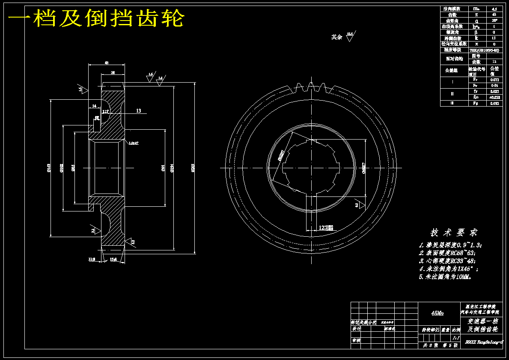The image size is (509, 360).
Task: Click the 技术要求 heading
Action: (454, 232)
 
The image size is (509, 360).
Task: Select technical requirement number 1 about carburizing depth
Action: (450, 245)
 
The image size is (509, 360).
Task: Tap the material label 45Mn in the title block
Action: (438, 313)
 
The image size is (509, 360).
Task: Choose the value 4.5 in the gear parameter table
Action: (494, 9)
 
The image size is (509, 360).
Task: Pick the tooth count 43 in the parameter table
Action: (494, 15)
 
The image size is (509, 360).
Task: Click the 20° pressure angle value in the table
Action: (494, 21)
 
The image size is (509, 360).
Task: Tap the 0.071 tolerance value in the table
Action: (494, 80)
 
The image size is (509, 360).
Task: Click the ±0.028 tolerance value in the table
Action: (494, 97)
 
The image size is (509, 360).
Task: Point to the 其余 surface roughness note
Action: (337, 37)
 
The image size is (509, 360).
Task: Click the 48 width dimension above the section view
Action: (107, 62)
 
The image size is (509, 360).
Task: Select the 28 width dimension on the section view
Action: (113, 73)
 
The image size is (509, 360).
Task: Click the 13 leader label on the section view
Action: (139, 111)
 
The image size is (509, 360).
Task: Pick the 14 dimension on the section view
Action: (94, 106)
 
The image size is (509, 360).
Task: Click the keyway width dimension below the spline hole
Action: (325, 228)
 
